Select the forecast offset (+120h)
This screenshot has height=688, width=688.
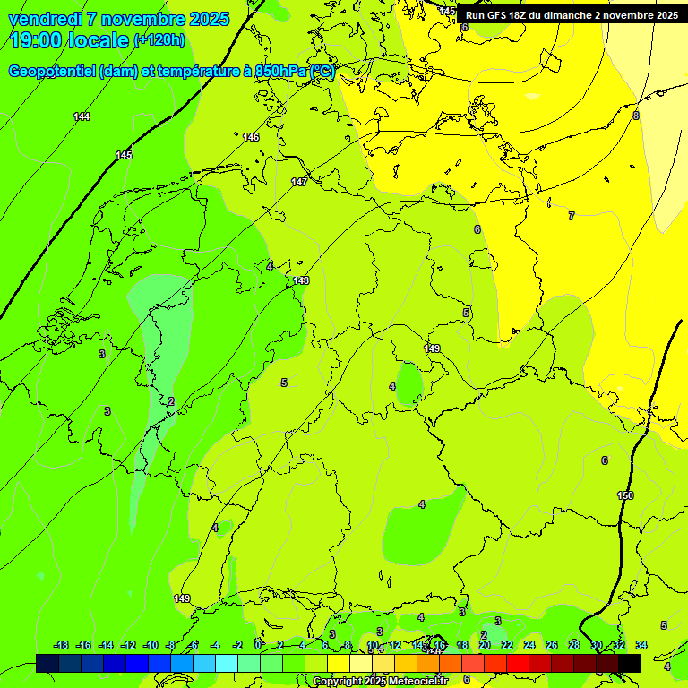click(x=160, y=40)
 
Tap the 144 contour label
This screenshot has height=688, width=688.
click(x=82, y=116)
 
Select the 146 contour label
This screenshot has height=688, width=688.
click(x=251, y=137)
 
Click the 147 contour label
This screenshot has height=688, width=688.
click(x=299, y=182)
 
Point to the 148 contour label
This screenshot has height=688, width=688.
click(x=301, y=280)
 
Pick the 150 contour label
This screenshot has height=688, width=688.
click(x=625, y=495)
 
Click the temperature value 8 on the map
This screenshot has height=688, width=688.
click(x=636, y=115)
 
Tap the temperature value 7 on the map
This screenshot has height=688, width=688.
click(x=571, y=216)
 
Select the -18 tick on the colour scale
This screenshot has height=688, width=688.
click(x=62, y=646)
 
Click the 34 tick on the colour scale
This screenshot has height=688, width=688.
click(x=641, y=646)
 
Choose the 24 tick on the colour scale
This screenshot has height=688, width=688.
click(x=529, y=646)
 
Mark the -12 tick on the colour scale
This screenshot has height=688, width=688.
click(x=128, y=646)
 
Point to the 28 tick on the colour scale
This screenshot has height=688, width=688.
click(x=574, y=646)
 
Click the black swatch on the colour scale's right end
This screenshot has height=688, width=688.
click(x=630, y=664)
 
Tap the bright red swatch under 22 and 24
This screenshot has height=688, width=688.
click(x=518, y=664)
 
